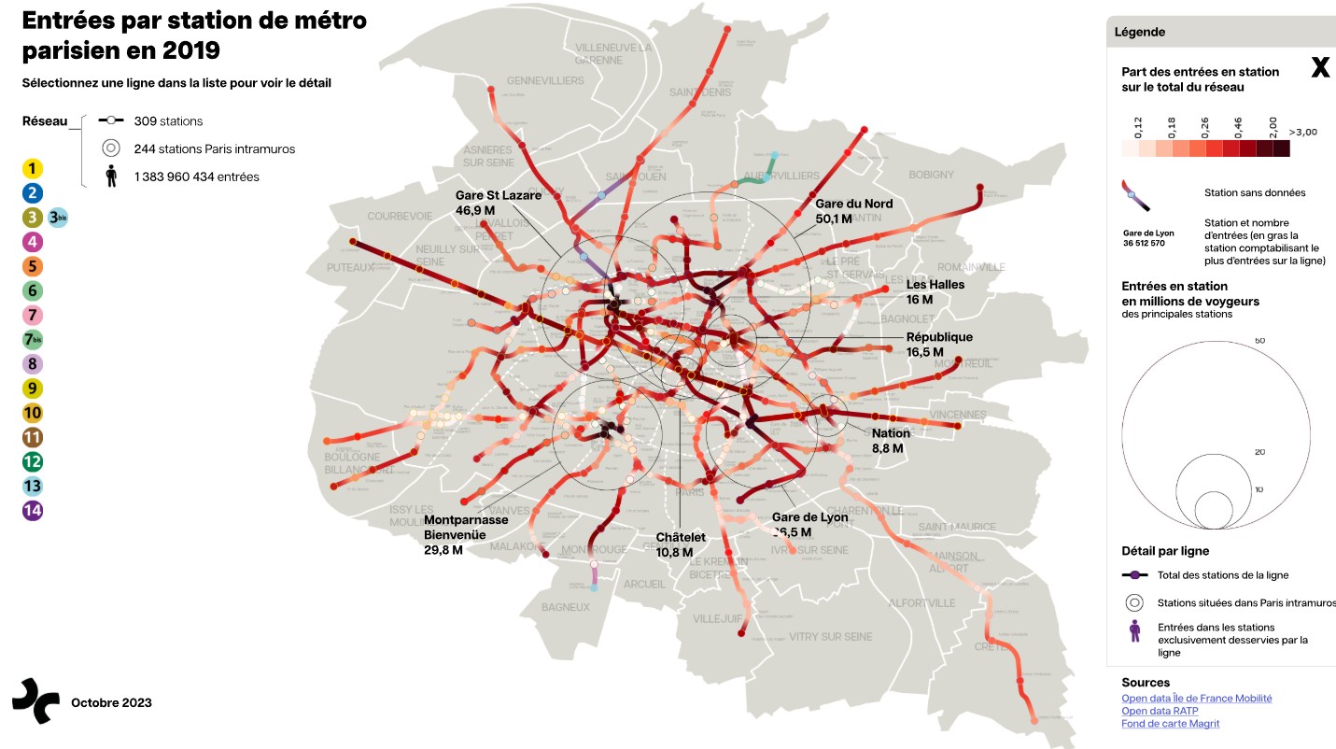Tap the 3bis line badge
point(58,218)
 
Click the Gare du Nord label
point(853,205)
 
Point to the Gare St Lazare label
point(498,196)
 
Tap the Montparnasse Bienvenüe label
point(466,520)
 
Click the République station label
point(939,337)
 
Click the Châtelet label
point(681,538)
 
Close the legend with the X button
point(1320,68)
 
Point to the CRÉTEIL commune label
point(991,646)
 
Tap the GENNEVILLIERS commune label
point(544,81)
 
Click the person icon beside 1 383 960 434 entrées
point(111,177)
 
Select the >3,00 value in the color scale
point(1302,133)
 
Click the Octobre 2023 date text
point(111,702)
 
